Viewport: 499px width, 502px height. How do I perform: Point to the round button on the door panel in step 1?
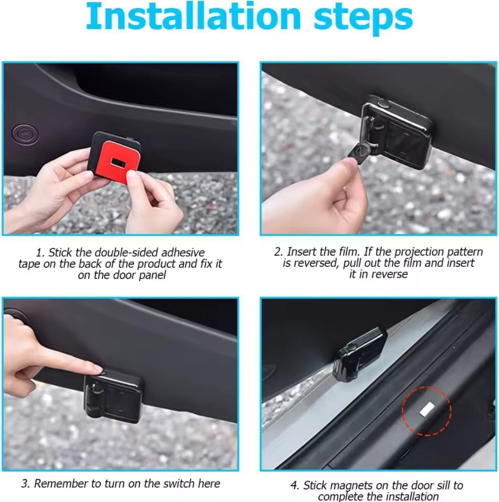coord(26,133)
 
